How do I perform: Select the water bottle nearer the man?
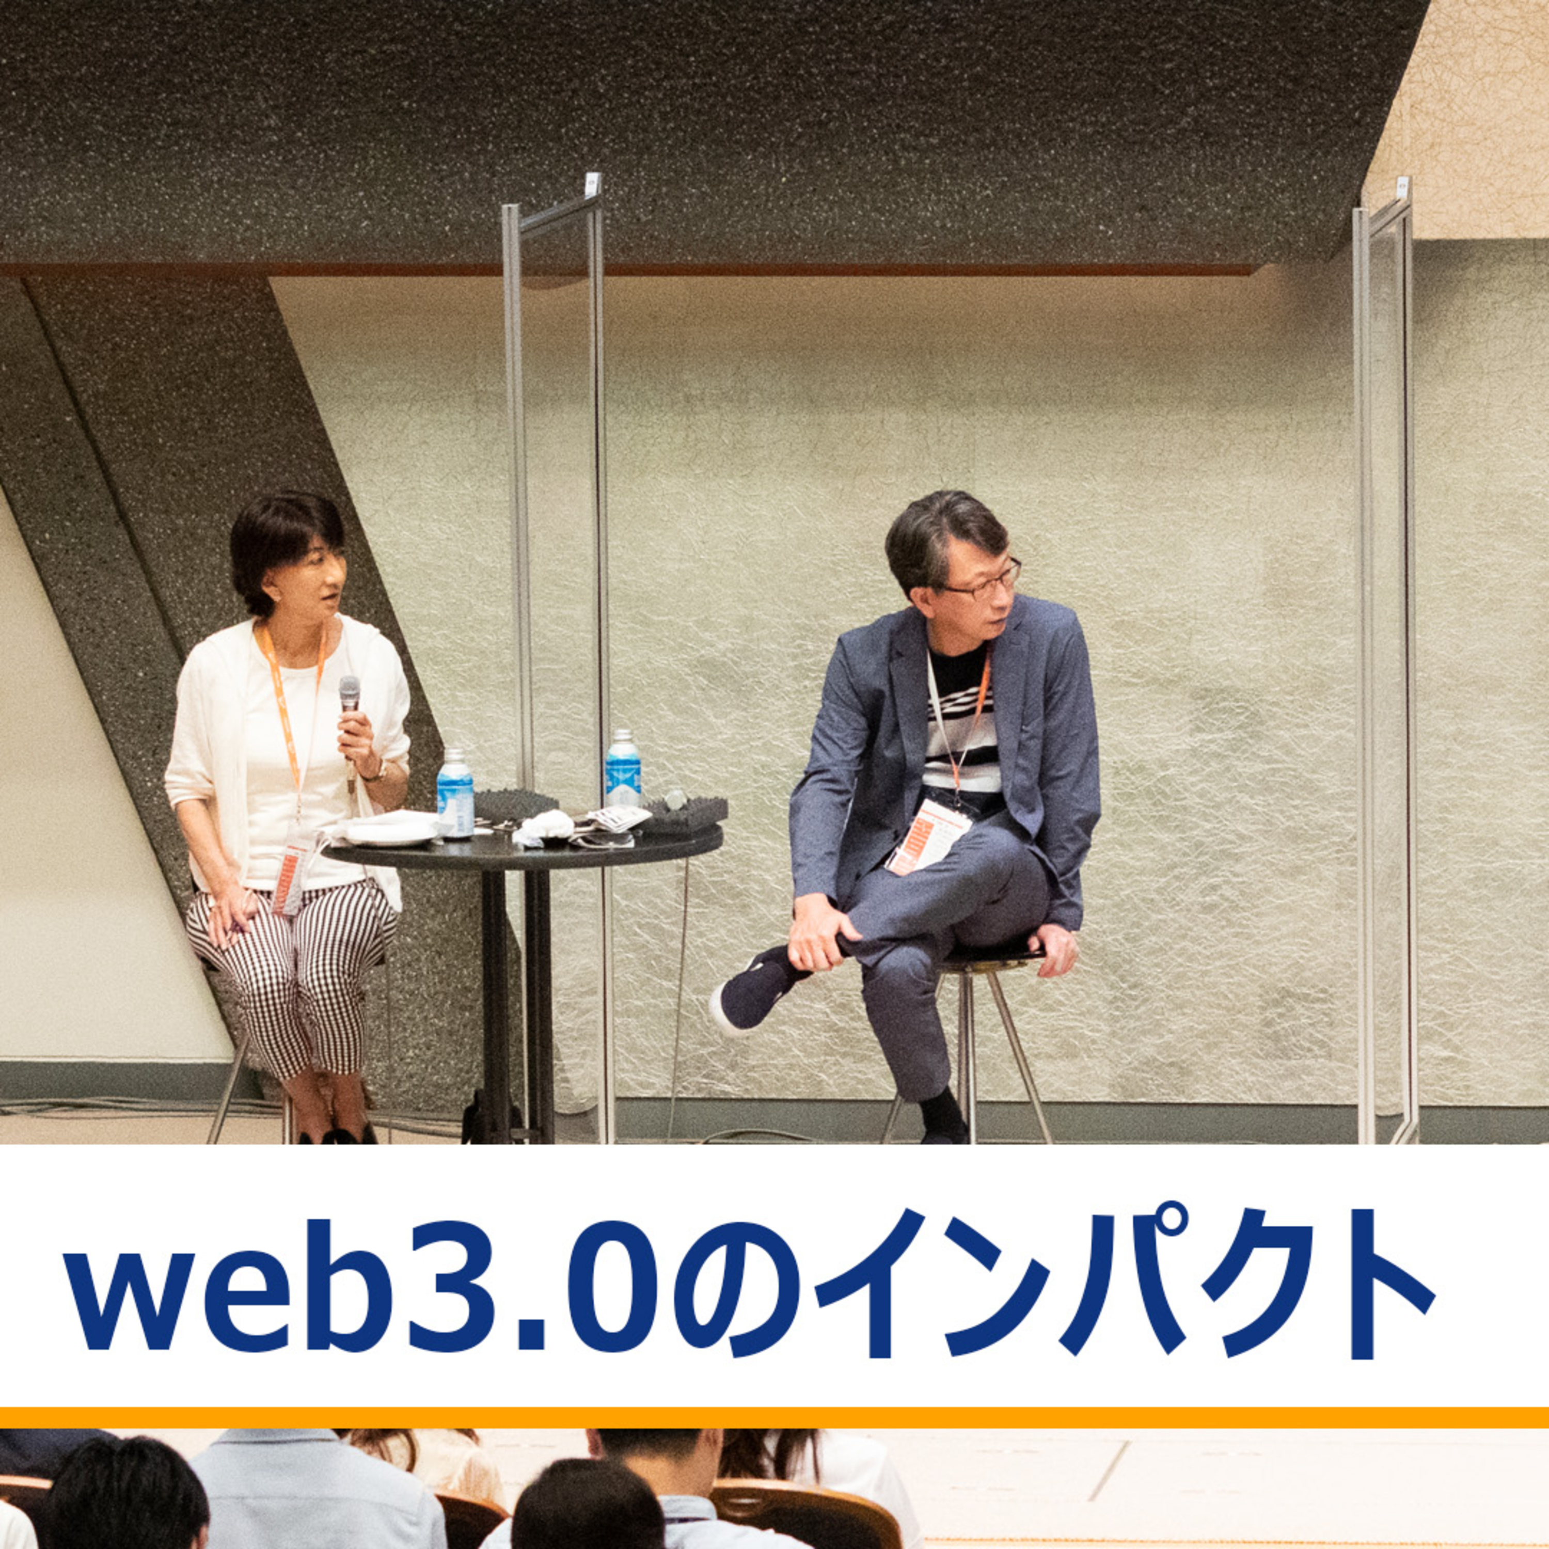(x=623, y=768)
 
